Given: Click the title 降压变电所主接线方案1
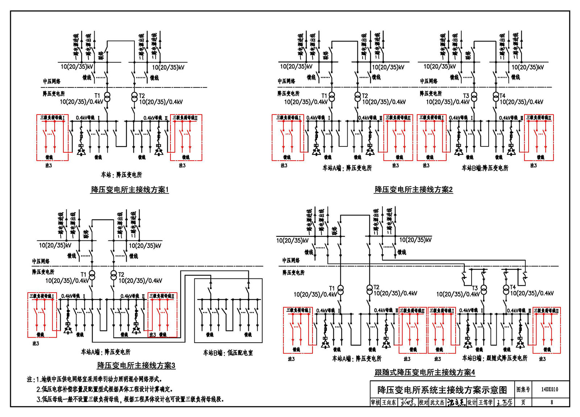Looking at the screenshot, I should point(130,190).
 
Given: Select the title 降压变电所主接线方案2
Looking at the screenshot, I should point(414,190).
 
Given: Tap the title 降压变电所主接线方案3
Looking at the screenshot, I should point(136,366).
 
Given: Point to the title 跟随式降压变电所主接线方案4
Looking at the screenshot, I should point(424,372).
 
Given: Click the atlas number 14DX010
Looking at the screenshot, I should point(550,389).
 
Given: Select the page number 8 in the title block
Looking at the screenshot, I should point(552,402).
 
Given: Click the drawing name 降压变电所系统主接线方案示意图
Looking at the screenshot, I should point(442,390).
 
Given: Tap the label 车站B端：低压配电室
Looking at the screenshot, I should point(228,353).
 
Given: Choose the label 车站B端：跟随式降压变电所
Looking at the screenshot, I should point(494,358).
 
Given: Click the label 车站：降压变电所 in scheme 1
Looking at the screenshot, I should point(121,175).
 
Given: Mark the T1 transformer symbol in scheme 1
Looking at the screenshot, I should point(107,97).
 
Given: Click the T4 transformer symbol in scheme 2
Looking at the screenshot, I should point(496,97).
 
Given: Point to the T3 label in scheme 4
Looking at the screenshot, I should point(475,288).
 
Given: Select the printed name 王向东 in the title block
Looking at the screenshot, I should point(389,402).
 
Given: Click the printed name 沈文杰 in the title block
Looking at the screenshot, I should point(437,402).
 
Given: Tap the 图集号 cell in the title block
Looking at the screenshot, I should point(523,389).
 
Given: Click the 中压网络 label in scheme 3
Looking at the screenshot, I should point(41,261).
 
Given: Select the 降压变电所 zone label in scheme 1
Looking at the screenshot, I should point(54,94).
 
